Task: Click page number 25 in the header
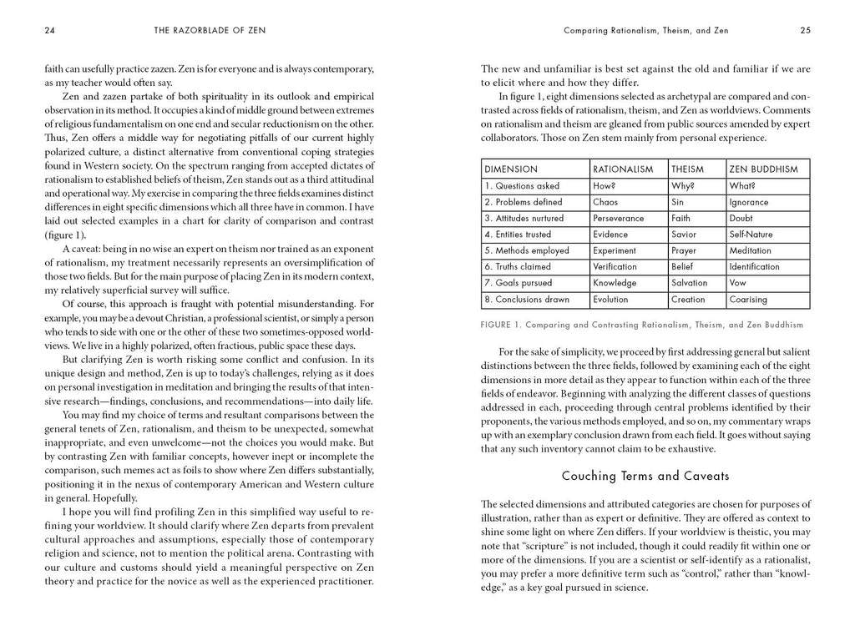pyautogui.click(x=805, y=31)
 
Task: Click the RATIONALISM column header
pyautogui.click(x=622, y=169)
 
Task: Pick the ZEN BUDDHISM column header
pyautogui.click(x=763, y=169)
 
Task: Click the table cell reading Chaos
pyautogui.click(x=605, y=202)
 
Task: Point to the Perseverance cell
pyautogui.click(x=619, y=218)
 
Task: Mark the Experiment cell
pyautogui.click(x=616, y=250)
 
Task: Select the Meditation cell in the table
pyautogui.click(x=750, y=250)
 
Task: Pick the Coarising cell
pyautogui.click(x=747, y=299)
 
